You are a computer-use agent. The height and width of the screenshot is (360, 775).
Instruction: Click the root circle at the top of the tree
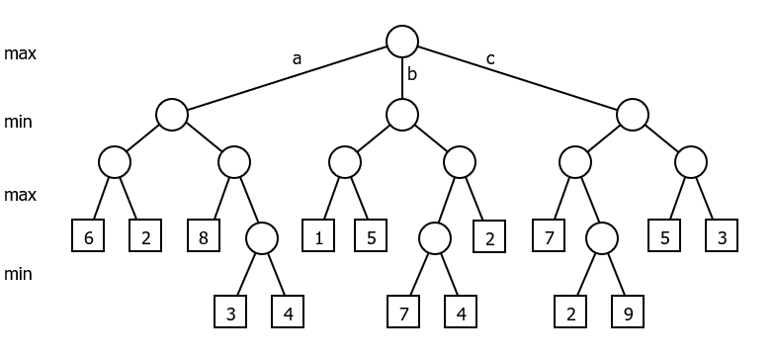[x=402, y=41]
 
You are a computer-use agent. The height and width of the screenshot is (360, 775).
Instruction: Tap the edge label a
[x=297, y=58]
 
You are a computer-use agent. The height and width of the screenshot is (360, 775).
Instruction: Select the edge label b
[x=413, y=74]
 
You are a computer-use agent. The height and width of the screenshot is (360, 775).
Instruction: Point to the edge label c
[x=490, y=58]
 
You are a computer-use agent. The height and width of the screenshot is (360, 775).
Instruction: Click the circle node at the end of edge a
[x=172, y=115]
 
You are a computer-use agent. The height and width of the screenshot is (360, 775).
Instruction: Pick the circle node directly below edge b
[x=402, y=115]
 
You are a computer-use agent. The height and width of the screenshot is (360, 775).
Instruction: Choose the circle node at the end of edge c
[x=633, y=115]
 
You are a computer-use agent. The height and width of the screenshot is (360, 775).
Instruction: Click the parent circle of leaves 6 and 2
[x=115, y=162]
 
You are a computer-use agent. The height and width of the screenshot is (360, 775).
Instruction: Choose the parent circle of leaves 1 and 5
[x=345, y=162]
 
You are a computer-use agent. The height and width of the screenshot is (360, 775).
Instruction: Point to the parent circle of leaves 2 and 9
[x=601, y=237]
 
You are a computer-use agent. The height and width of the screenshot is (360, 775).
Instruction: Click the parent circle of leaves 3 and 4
[x=262, y=237]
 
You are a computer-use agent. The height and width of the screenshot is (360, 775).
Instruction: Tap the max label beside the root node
[x=20, y=53]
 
